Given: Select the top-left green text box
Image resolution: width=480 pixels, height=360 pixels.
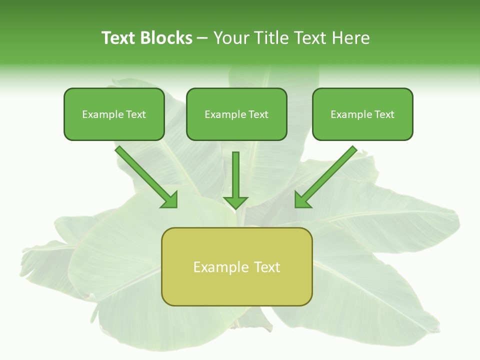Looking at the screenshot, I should point(114,114).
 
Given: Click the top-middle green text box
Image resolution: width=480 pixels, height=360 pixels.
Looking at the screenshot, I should point(236,114).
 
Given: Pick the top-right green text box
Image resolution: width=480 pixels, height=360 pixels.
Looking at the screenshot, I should point(362,114).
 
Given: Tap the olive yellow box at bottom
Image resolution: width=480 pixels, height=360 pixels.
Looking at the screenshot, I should point(236,266).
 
